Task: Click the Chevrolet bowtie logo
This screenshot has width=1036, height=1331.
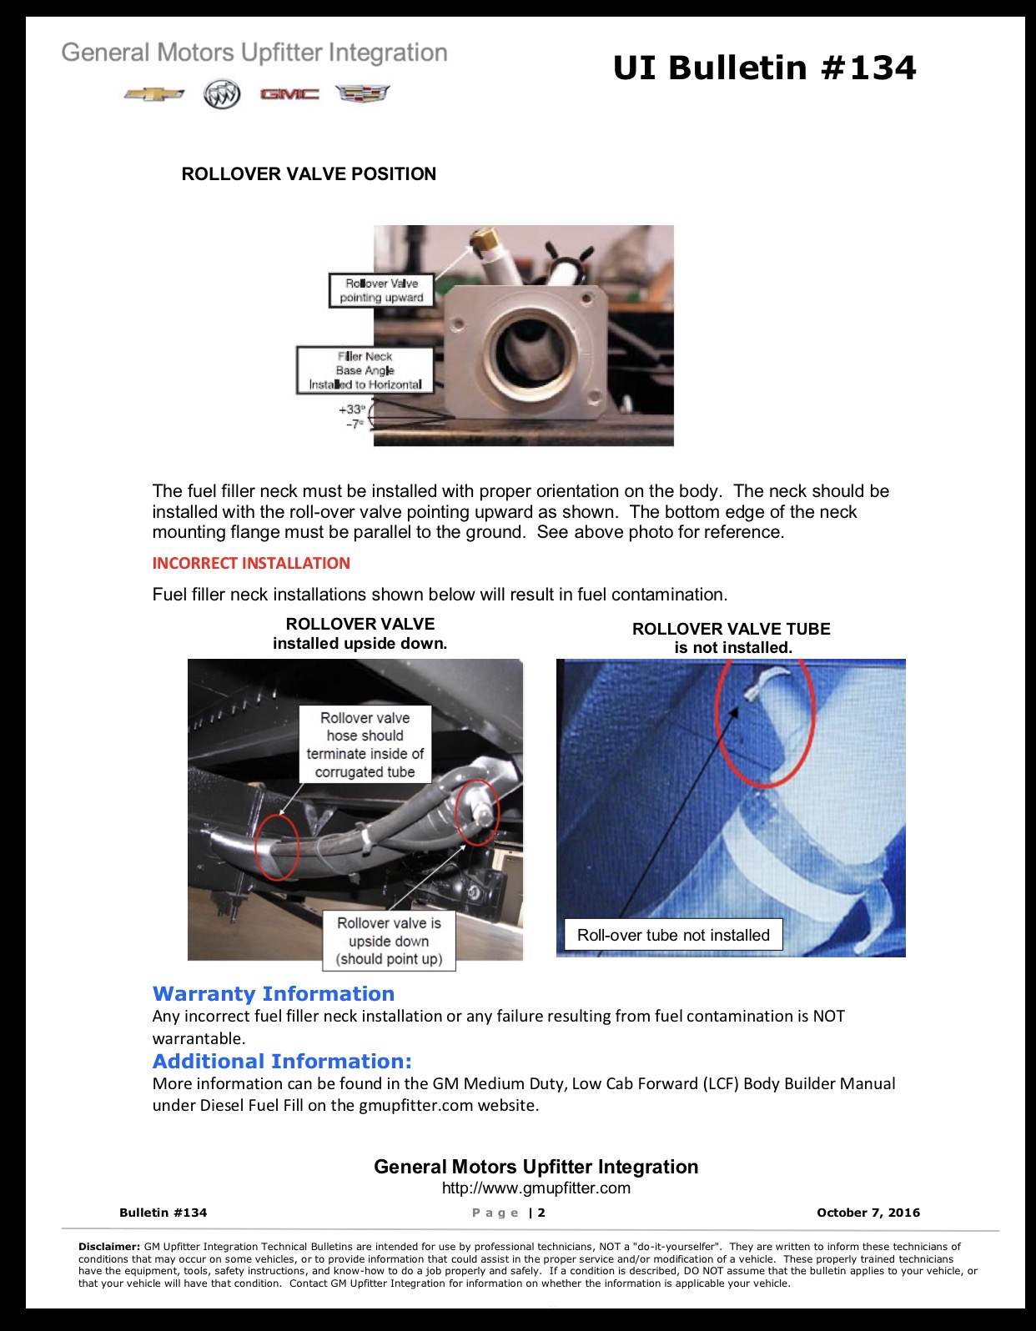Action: click(x=153, y=94)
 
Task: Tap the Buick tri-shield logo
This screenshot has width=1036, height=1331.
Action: click(x=222, y=93)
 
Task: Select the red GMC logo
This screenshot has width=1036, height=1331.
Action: click(x=289, y=93)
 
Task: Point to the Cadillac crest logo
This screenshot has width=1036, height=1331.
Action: click(x=363, y=93)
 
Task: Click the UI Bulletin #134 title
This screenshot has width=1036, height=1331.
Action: click(x=765, y=68)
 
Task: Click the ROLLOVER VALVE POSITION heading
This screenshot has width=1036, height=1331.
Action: click(x=309, y=174)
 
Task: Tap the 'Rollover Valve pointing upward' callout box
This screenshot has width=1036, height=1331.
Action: click(x=381, y=290)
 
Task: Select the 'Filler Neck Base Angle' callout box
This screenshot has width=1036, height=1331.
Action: click(x=365, y=370)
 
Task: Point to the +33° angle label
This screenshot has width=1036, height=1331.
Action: click(x=352, y=409)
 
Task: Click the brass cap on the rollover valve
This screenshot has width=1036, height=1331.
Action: click(x=484, y=239)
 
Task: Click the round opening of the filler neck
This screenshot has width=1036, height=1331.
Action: click(x=532, y=347)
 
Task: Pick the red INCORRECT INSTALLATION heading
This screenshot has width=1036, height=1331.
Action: click(x=251, y=563)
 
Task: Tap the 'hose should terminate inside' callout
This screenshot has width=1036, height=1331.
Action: click(x=365, y=744)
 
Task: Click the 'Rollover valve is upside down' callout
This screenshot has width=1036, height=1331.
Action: click(x=389, y=941)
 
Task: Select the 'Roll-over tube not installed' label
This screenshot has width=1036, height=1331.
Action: click(x=673, y=935)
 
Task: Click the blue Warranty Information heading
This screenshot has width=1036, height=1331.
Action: click(x=274, y=993)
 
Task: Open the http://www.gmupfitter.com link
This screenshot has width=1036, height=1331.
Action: click(x=536, y=1188)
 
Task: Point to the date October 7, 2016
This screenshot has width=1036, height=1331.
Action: click(x=868, y=1213)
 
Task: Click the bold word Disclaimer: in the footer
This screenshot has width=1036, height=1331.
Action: click(x=109, y=1247)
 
